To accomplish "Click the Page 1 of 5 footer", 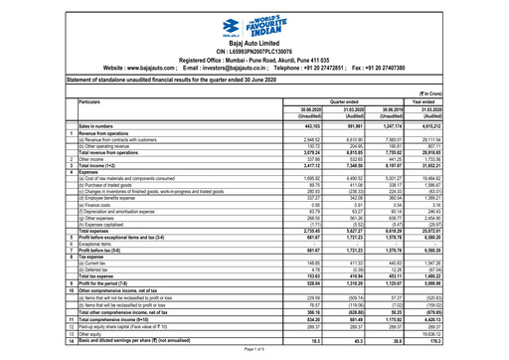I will [x=255, y=354].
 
